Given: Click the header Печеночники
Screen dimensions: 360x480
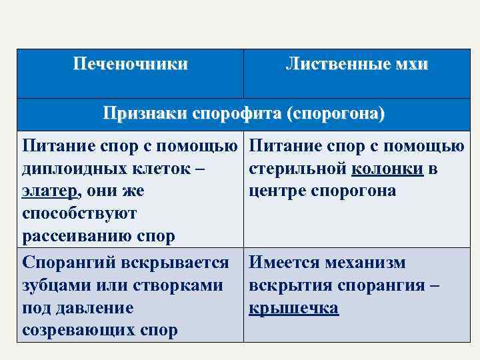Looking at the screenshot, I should [x=130, y=65].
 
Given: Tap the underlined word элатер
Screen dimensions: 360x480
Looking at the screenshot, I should [x=51, y=191].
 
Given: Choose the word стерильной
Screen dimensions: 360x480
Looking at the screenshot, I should [x=297, y=169].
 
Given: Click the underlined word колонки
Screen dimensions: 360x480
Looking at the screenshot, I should [x=387, y=169].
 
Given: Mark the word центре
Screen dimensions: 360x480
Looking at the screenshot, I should [x=274, y=191].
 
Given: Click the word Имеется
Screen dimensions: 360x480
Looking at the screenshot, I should [x=284, y=263].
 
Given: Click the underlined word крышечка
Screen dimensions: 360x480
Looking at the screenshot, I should [x=293, y=308].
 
